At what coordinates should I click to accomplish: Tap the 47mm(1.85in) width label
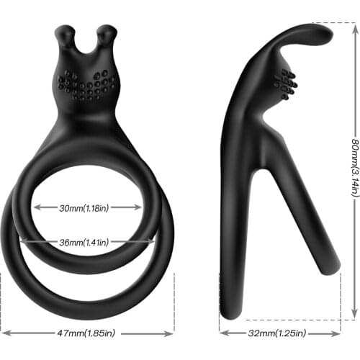tap(87, 333)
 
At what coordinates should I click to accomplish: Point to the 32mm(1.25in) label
tap(276, 333)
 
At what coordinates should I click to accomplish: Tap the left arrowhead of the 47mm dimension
tap(4, 333)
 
